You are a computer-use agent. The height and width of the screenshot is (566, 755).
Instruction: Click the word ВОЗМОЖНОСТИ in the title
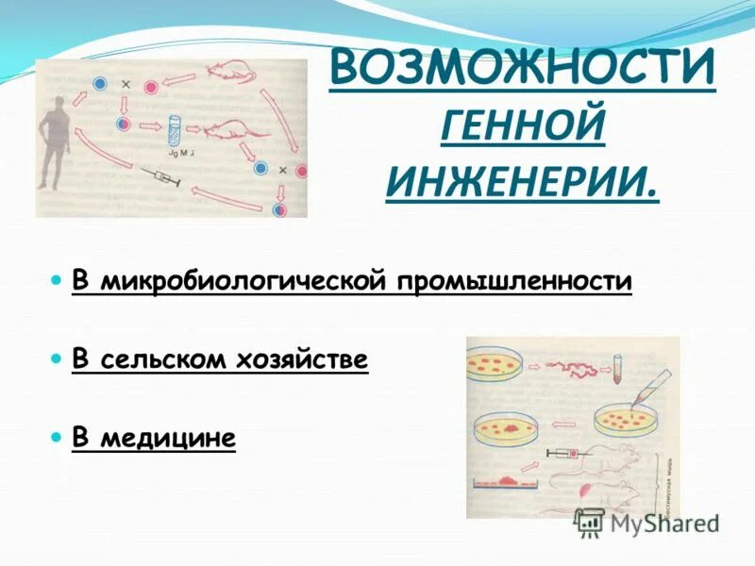522,68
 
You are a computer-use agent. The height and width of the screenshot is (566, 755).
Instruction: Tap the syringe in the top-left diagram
159,175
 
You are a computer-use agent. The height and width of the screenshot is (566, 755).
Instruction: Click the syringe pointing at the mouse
565,456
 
